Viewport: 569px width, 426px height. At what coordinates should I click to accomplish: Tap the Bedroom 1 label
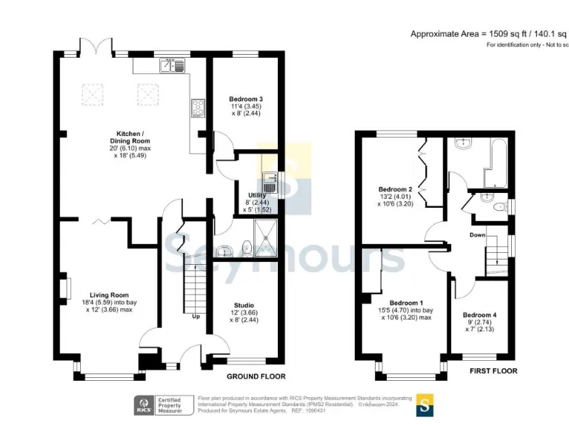pyautogui.click(x=406, y=302)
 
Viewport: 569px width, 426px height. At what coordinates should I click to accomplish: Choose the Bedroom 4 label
pyautogui.click(x=479, y=315)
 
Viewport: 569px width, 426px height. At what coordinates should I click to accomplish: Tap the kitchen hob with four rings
pyautogui.click(x=198, y=108)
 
